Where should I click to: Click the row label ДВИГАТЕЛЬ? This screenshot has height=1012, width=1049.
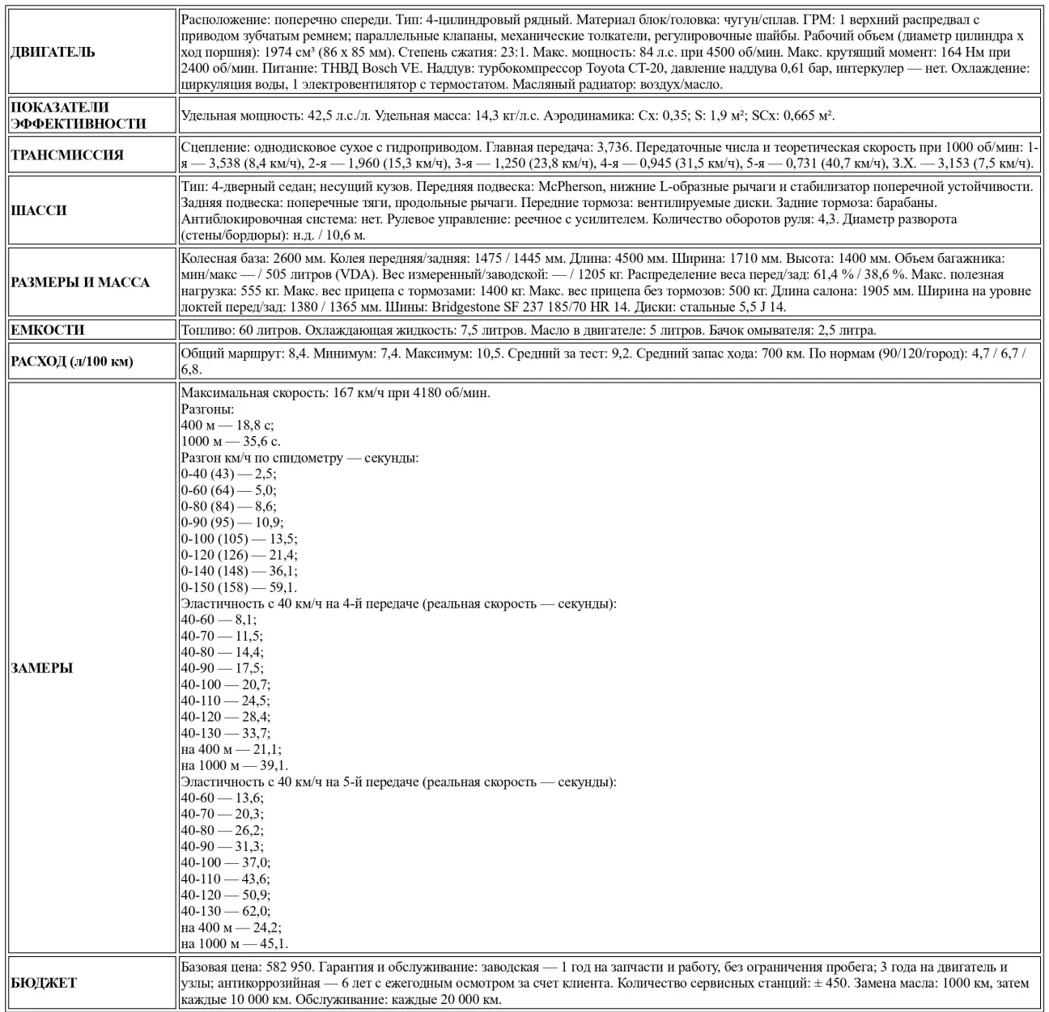[53, 53]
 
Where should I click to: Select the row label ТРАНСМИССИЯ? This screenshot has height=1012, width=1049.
[67, 155]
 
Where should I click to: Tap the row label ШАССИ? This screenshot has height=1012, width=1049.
[39, 210]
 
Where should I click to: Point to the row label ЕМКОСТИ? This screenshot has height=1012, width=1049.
[48, 330]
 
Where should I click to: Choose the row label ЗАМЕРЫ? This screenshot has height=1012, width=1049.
[42, 668]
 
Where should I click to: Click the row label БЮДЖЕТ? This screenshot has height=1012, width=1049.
[44, 983]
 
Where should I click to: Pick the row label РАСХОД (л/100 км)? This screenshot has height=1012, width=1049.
[72, 362]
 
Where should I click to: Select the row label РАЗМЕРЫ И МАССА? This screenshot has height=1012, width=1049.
[80, 282]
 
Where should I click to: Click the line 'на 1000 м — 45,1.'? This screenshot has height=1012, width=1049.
[235, 943]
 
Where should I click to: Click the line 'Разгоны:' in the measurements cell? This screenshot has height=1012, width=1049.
[207, 409]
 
